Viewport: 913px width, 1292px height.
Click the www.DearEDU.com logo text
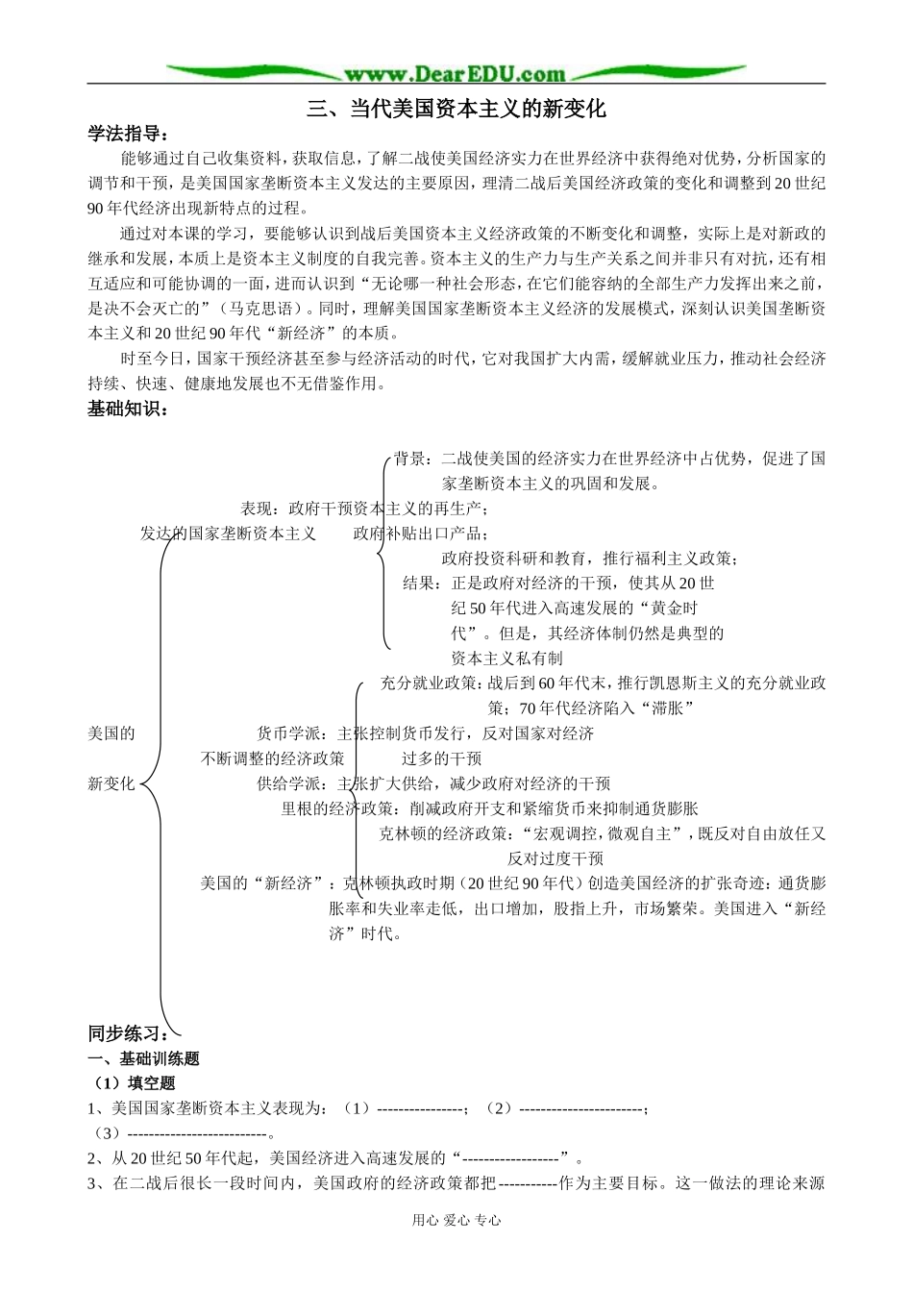[455, 73]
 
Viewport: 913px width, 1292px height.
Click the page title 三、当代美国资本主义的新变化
[456, 109]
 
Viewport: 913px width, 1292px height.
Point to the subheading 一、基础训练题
[143, 1058]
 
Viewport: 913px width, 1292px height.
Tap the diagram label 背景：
[416, 459]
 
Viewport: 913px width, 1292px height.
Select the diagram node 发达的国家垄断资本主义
[228, 534]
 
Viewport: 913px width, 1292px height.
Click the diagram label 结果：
[425, 584]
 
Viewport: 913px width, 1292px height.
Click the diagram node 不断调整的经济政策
[272, 758]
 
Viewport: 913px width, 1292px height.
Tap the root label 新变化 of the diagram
[111, 783]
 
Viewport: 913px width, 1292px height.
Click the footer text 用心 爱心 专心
[456, 1220]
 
